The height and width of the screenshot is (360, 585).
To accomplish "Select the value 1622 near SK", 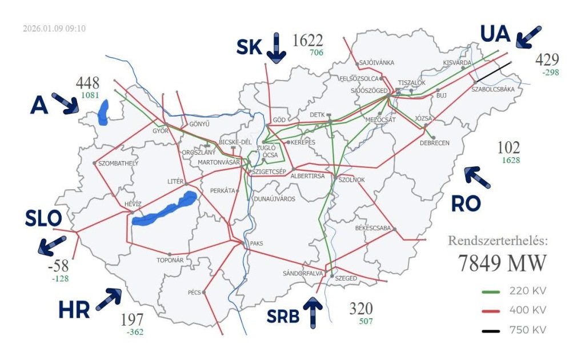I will click(308, 41).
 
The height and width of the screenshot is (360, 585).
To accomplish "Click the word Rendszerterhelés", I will click(498, 240).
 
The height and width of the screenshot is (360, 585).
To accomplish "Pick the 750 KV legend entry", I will click(514, 330).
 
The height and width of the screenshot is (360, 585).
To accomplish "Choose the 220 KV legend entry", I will click(514, 291).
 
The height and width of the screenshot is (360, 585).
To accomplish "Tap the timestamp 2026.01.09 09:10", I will click(54, 28).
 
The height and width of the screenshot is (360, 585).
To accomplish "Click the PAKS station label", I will click(256, 243).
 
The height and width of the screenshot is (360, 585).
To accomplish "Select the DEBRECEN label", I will click(434, 143).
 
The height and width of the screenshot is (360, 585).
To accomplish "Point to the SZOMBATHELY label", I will click(118, 163).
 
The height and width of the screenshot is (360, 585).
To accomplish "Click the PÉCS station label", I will click(194, 293).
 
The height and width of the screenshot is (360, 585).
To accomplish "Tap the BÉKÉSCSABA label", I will click(372, 228).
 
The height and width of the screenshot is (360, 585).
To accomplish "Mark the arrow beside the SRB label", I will click(313, 312).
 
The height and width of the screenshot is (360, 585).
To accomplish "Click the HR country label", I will click(74, 310).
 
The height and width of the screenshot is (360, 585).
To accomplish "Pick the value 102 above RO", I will click(508, 148).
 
